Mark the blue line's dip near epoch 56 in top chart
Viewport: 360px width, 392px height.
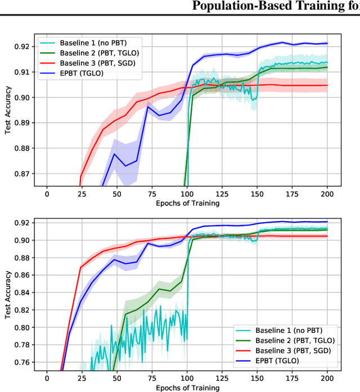pyautogui.click(x=125, y=165)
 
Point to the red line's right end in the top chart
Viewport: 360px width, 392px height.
pyautogui.click(x=327, y=85)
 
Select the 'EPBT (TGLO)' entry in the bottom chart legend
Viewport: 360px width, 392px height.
pyautogui.click(x=281, y=360)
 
